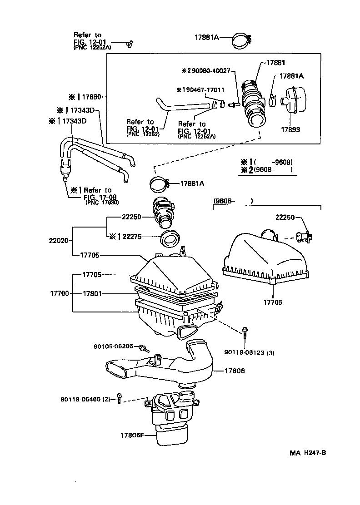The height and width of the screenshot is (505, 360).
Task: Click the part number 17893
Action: pos(290,129)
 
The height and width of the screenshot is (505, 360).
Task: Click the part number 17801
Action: pos(91,293)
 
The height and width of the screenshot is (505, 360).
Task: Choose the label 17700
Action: pos(59,293)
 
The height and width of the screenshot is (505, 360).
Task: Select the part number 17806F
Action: pos(131,435)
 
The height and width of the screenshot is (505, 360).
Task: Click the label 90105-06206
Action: pos(113,346)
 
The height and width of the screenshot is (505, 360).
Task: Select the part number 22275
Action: pos(131,236)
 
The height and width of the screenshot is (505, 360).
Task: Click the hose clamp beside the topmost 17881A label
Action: pos(243,40)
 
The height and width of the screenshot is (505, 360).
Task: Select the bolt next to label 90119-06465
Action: pos(120,398)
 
